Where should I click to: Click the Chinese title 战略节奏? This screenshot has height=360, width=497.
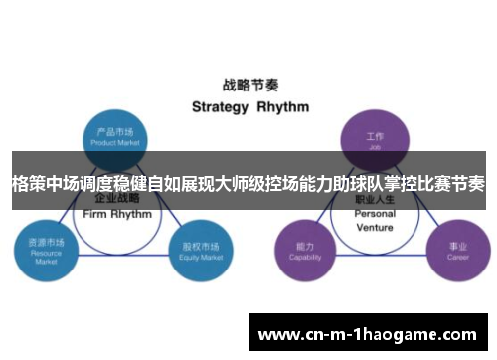[248, 86]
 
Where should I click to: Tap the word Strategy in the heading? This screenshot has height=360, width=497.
[219, 106]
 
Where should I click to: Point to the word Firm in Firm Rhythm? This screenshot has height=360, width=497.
[94, 214]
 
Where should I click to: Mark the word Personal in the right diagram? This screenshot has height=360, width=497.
[375, 214]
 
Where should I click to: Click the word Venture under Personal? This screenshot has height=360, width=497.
[375, 226]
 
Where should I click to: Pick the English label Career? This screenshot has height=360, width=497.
[457, 256]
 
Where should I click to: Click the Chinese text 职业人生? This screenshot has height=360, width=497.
[375, 200]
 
